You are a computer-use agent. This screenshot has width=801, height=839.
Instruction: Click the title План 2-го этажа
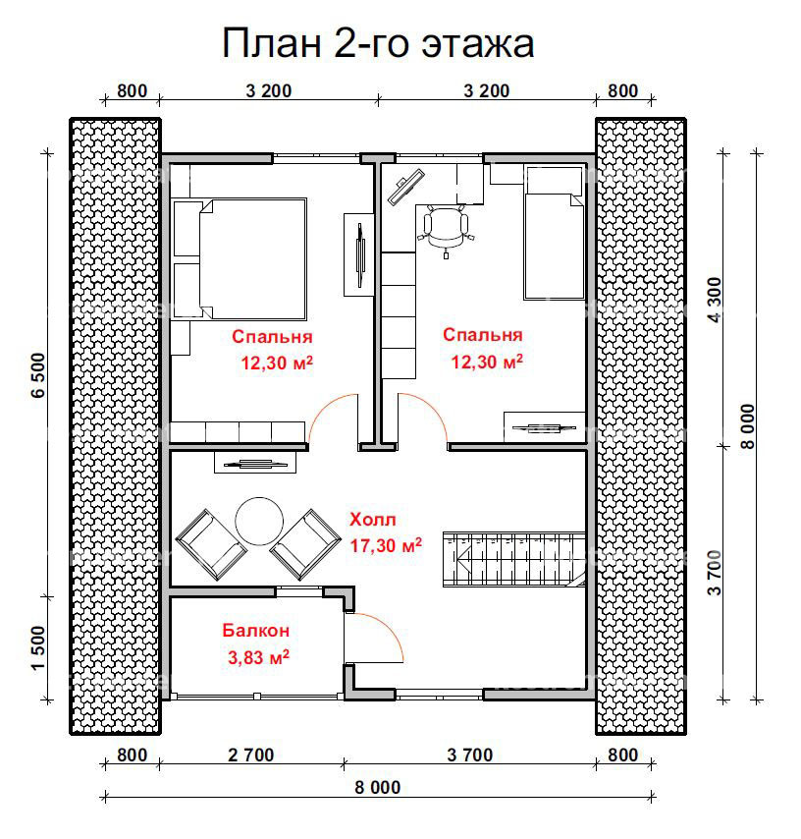click(x=378, y=44)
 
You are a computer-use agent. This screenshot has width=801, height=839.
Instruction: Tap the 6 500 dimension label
click(x=39, y=374)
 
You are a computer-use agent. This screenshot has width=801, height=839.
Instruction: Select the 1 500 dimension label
click(x=39, y=649)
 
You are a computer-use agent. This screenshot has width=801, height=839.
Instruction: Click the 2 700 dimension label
click(x=250, y=755)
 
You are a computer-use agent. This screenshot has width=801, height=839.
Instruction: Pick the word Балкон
click(x=255, y=631)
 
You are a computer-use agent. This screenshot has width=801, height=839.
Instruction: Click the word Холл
click(x=373, y=519)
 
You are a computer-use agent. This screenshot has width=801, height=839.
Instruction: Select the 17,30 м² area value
click(x=386, y=544)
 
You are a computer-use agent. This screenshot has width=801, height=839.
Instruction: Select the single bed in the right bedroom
click(x=554, y=233)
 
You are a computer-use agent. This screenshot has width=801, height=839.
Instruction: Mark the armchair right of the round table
click(x=305, y=544)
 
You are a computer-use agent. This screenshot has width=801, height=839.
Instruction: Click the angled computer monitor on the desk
click(x=405, y=187)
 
